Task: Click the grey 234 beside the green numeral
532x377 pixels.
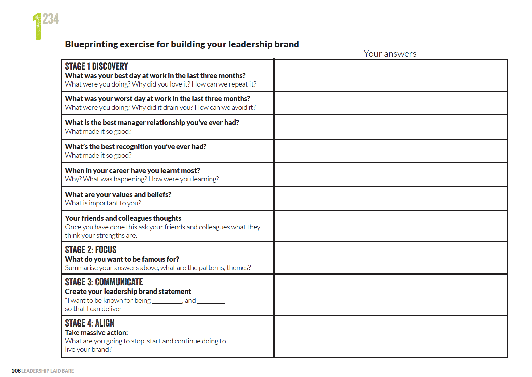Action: [51, 19]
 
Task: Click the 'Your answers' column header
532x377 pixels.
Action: [390, 54]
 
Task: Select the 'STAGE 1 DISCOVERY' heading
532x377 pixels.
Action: [96, 66]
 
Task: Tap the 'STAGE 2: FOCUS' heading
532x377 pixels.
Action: [90, 250]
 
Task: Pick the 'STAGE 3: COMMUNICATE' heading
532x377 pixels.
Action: [104, 282]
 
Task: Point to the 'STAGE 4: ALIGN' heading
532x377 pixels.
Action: [90, 323]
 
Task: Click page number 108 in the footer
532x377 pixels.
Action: [16, 371]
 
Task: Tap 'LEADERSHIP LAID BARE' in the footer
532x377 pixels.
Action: [48, 371]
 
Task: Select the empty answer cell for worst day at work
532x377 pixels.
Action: [391, 103]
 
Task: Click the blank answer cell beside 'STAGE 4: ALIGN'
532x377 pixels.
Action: [391, 337]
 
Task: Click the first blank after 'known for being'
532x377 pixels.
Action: [167, 302]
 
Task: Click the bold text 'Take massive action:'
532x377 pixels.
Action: [96, 333]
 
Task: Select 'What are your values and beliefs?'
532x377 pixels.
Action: [118, 195]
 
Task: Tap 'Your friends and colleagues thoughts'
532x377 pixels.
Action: [123, 218]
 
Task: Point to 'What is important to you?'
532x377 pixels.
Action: [103, 203]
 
